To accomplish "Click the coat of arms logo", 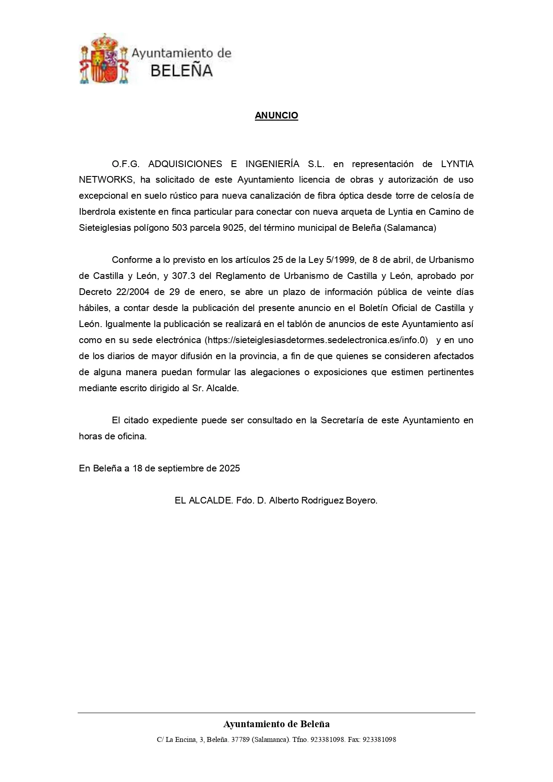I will [104, 58].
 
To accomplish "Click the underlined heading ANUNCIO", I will [276, 115].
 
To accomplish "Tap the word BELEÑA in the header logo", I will [181, 70].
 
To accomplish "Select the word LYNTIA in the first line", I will [457, 164].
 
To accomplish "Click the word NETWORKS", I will [106, 180].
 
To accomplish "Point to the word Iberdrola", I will [97, 212].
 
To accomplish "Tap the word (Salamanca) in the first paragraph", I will [410, 228].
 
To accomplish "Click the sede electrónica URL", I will [316, 340].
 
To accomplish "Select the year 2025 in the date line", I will [229, 469].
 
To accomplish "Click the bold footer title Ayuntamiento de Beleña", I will [276, 724].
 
